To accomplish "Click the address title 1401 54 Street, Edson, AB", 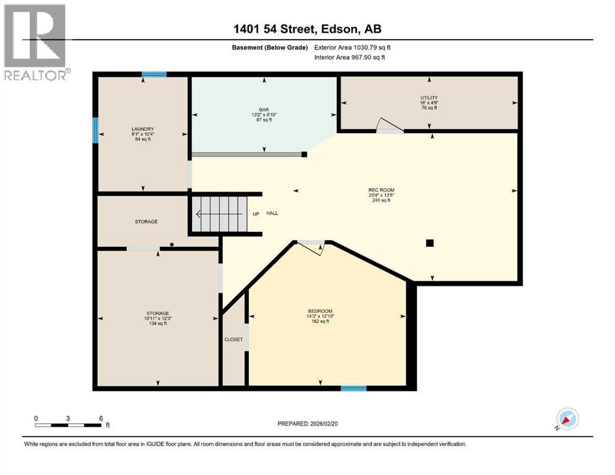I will coord(307,30).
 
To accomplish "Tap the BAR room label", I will coord(264,108).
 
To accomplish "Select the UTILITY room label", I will coord(429,98).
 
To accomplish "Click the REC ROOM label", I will coord(381,190).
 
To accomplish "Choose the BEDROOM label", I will coord(320,310).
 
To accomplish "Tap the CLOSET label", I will coord(233,340).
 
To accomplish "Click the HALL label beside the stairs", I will coord(272,213).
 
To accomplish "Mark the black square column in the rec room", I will coord(429,243).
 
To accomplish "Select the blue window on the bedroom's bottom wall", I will coord(353,388).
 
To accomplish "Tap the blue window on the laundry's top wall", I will coord(154,75).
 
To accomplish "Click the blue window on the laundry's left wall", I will coord(95,131).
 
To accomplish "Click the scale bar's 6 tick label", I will coord(101,417).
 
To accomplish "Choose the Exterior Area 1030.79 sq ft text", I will coord(352,47).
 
